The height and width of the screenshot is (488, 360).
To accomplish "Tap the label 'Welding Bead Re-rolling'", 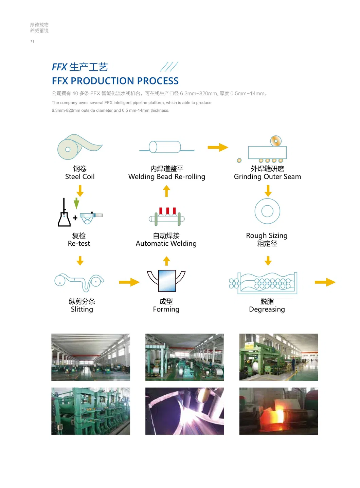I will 166,177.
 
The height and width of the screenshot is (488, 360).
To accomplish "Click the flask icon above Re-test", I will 64,214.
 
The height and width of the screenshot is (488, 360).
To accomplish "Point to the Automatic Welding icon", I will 167,217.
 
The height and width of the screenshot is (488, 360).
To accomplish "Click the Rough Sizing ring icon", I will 267,211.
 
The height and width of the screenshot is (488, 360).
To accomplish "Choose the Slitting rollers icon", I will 79,282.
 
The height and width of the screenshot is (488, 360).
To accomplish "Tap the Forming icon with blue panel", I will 166,281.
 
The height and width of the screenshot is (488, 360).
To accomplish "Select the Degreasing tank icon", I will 264,283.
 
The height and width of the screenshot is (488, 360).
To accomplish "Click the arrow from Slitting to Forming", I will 129,282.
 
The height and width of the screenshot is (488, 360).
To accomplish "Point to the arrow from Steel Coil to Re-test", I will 80,191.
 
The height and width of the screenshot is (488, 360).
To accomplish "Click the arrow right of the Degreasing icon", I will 325,282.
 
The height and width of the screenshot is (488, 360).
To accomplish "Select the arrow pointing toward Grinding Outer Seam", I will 218,147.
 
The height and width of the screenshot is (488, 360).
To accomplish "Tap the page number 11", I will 32,42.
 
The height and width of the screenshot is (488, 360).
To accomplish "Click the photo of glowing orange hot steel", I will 278,411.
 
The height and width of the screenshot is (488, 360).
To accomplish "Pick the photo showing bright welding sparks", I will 184,411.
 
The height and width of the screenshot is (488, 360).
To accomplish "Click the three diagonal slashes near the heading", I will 169,67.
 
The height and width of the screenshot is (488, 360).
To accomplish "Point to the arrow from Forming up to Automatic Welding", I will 166,261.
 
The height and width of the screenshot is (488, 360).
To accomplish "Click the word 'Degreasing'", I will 267,309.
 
